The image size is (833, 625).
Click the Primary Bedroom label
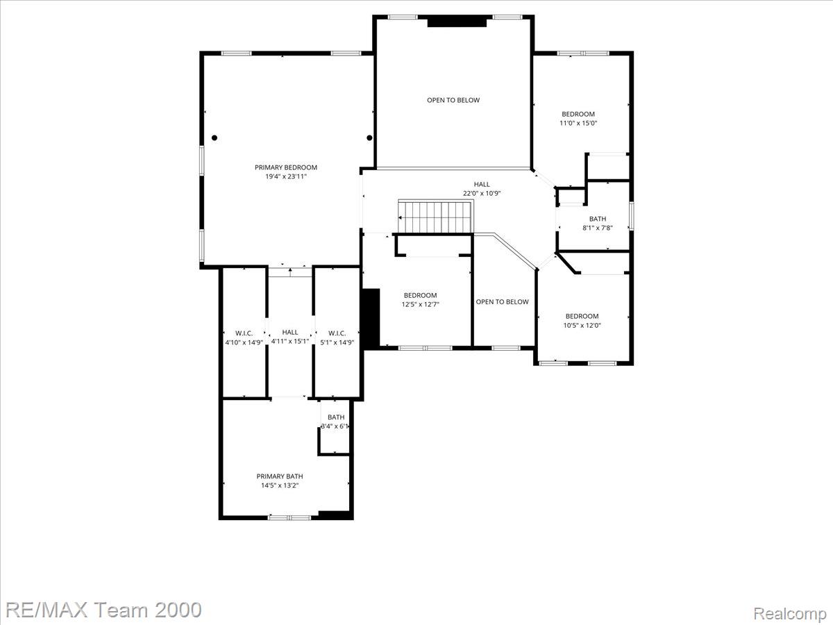click(x=286, y=167)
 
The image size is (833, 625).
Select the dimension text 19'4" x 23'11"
click(x=286, y=176)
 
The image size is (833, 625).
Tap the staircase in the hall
click(x=436, y=217)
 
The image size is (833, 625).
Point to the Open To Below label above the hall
click(x=453, y=100)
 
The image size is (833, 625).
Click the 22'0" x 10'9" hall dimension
click(x=482, y=193)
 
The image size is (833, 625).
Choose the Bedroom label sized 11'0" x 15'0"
click(x=578, y=114)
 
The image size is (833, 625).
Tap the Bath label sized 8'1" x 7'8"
click(x=598, y=219)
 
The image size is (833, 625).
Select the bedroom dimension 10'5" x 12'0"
click(x=582, y=325)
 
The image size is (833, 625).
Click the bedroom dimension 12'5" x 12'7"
click(x=420, y=304)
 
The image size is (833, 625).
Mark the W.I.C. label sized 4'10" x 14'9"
click(x=244, y=333)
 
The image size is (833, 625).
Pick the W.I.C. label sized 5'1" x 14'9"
click(x=337, y=333)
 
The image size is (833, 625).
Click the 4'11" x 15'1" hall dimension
click(x=290, y=342)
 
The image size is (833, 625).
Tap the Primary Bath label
click(x=280, y=476)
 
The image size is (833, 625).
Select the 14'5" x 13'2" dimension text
click(x=280, y=485)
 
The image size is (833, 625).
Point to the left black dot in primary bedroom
click(x=214, y=137)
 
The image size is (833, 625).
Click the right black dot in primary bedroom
click(x=369, y=137)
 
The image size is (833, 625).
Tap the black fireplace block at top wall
click(x=457, y=22)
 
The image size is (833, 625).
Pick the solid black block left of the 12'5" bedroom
click(x=371, y=318)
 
